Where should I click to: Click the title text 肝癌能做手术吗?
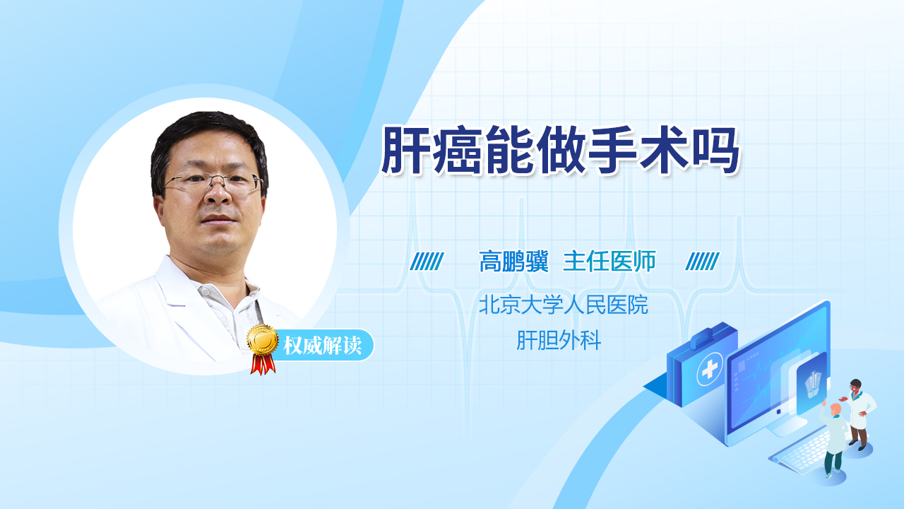coord(560,151)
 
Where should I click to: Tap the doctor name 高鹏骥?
coord(513,262)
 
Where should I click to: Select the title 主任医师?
coord(609,262)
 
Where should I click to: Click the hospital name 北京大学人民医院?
coord(564,305)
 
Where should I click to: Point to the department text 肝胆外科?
coord(559,340)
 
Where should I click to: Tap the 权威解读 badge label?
coord(323,346)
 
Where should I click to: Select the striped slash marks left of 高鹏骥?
coord(427,262)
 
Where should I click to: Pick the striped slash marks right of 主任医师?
coord(702,262)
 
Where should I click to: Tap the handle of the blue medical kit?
coord(706,336)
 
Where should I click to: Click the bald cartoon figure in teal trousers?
coord(833,440)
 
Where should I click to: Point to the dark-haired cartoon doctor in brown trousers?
coord(859,414)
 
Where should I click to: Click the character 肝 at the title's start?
coord(405,151)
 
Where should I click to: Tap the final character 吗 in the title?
coord(715,151)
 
